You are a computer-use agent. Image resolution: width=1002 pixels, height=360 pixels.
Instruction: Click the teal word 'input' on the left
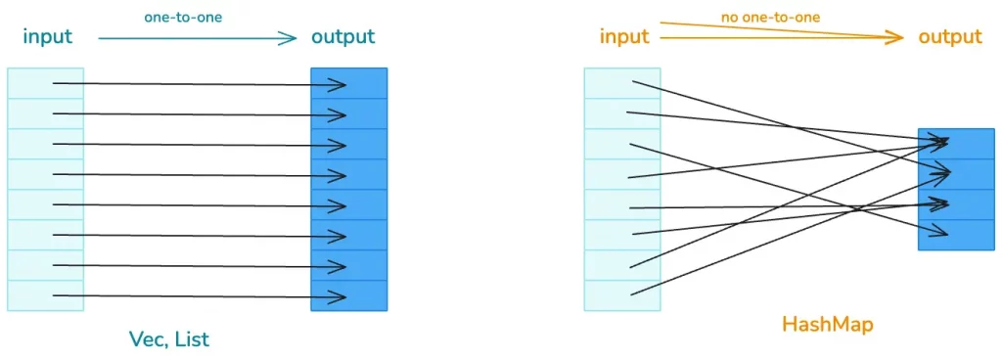(48, 37)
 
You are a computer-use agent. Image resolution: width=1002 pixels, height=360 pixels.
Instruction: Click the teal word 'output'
(342, 37)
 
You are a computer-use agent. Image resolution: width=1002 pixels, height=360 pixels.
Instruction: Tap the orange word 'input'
(624, 37)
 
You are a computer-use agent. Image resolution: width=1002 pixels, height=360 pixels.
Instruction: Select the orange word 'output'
(949, 37)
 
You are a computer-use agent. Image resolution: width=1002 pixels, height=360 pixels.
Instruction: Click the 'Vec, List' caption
(169, 339)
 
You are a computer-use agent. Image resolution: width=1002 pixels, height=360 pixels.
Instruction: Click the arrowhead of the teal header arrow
(290, 38)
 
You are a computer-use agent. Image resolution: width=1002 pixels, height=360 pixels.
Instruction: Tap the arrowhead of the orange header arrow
(895, 38)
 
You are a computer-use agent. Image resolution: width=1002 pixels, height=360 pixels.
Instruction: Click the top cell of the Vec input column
(45, 83)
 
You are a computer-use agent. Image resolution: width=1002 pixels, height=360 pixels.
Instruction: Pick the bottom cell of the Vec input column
(45, 295)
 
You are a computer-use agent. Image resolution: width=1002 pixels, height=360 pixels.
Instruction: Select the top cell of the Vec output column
(349, 83)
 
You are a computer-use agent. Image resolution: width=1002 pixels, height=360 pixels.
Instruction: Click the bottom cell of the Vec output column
(349, 295)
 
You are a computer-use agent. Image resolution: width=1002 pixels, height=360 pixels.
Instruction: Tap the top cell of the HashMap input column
(622, 83)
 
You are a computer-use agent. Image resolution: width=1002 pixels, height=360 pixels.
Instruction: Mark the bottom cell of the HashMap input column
(622, 295)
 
